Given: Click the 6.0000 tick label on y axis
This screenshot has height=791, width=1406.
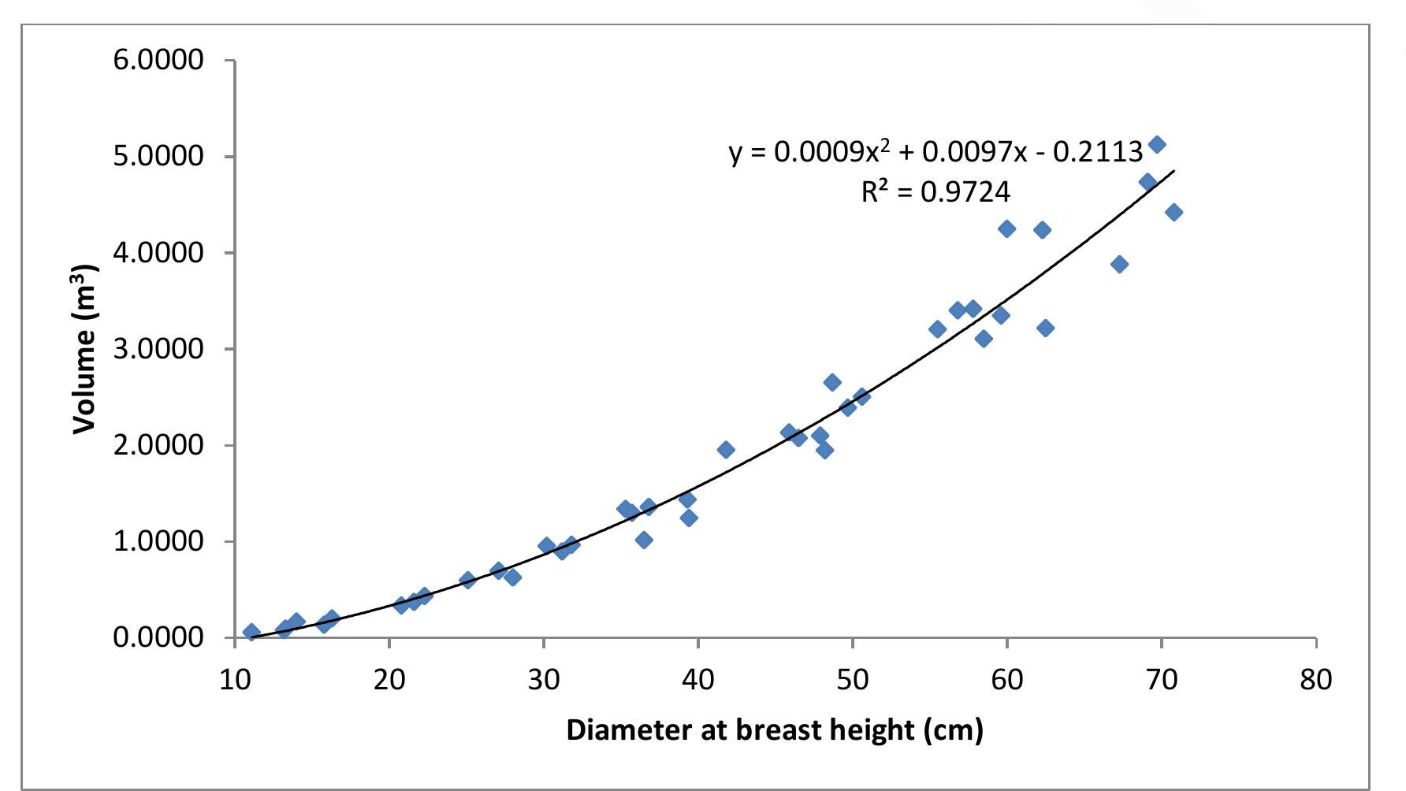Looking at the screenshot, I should point(158,60).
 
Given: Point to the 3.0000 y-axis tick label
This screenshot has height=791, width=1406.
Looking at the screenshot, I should point(158,349).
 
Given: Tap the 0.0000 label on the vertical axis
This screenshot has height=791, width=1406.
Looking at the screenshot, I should point(158,637).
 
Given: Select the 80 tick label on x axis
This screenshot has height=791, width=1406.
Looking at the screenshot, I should point(1315,679).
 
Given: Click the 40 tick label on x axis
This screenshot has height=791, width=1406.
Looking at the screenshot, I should point(697,679).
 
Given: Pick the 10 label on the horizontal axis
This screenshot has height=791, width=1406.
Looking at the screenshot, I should point(235,679).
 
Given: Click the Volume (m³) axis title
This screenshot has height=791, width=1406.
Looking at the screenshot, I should point(85,349).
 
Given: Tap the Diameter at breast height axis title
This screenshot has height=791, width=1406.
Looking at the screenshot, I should point(775,730).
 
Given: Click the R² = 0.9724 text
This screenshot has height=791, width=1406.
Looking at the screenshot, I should point(935,191).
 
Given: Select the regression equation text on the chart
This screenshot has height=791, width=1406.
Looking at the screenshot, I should point(935,151).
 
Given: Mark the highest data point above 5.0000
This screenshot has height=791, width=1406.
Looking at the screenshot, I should point(1157,144).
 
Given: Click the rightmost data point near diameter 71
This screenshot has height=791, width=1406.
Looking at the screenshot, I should point(1174,212).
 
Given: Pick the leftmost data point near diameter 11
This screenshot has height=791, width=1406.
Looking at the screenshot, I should point(251,632).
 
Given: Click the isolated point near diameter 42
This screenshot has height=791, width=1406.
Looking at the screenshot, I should point(726,450).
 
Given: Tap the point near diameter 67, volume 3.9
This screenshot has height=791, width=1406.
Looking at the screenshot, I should point(1119,264).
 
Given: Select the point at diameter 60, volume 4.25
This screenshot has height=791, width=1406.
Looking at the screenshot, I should point(1006,228).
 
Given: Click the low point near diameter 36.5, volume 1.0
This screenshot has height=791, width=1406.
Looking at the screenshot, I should point(644,540).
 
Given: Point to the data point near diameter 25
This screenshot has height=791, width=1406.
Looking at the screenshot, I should point(467,580).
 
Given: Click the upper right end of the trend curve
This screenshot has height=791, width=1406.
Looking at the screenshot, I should point(1174,170).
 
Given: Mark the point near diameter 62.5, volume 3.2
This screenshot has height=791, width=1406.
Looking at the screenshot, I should point(1045,328).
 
